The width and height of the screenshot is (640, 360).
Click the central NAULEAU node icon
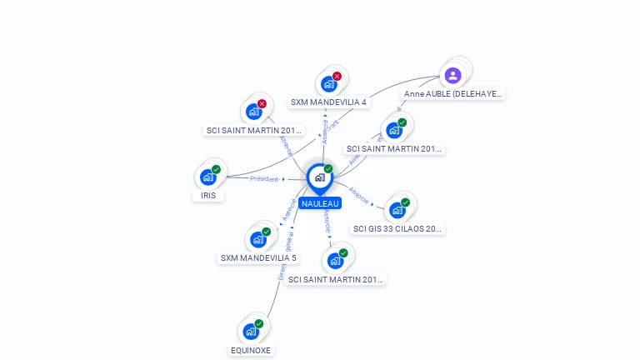pos(319,177)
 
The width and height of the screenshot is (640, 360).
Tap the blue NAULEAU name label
pos(321,203)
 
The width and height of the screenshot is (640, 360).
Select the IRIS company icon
pos(207,177)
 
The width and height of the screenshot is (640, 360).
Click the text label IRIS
pos(208,196)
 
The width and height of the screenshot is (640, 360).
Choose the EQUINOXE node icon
pos(250,331)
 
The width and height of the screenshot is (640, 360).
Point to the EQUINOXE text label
pos(251,351)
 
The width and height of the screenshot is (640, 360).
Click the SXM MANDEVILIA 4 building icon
pos(328,83)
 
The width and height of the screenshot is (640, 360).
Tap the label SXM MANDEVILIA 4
pos(328,102)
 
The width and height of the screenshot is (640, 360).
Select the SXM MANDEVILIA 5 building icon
pos(257,239)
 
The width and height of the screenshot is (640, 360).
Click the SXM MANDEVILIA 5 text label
pos(258,258)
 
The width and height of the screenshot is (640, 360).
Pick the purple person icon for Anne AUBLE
pos(452,76)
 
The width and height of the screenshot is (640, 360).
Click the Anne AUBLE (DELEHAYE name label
pos(453,94)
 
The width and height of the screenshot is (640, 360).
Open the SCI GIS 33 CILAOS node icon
pos(397,210)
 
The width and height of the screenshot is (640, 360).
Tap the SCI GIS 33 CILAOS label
pos(397,228)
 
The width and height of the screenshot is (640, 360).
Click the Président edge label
pos(264,179)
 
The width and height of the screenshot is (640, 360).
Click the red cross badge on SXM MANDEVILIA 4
pos(337,76)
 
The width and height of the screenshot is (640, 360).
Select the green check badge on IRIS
pos(216,169)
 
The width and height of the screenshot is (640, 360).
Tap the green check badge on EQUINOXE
pos(258,323)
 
